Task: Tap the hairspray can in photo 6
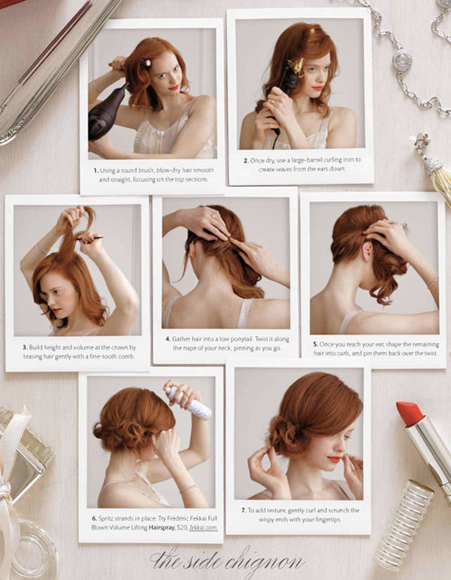coord(189,403)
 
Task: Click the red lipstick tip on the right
coord(409,413)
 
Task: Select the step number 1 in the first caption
coord(95,171)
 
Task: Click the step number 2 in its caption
coord(246,160)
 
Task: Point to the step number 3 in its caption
coord(25,348)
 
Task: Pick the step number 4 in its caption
coord(168,339)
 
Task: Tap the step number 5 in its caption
coord(316,344)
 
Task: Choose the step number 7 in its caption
coord(244,510)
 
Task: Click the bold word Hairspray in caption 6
coord(162,527)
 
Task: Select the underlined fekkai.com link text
coord(203,527)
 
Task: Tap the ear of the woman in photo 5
coord(367,251)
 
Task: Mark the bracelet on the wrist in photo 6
coord(189,488)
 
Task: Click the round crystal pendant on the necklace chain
coord(402,60)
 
